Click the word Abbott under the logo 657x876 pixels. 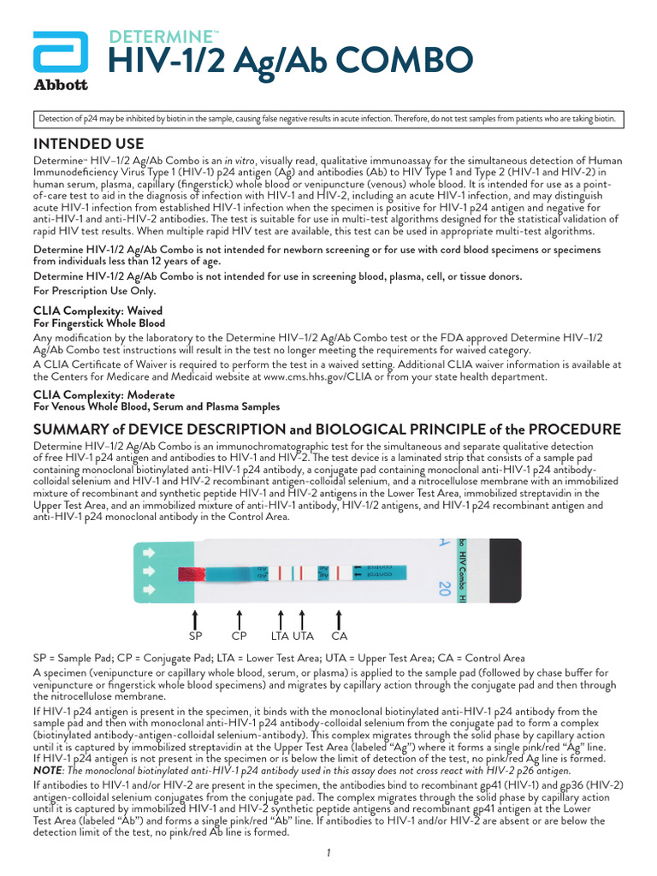tap(60, 85)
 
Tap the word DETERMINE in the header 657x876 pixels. tap(163, 36)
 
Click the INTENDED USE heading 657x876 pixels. tap(88, 143)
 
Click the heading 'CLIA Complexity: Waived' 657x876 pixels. tap(98, 311)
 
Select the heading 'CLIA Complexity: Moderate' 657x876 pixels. tap(104, 394)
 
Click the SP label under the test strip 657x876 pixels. tap(195, 636)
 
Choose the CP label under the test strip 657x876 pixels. tap(239, 636)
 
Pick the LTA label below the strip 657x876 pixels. tap(281, 636)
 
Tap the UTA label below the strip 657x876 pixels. tap(304, 636)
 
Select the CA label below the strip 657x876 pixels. tap(340, 636)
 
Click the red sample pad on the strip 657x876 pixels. tap(192, 572)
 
